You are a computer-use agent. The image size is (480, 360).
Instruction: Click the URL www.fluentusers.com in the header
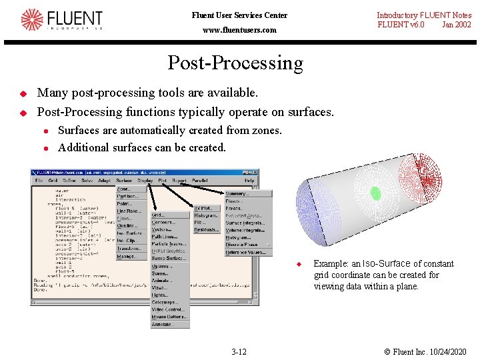click(x=239, y=30)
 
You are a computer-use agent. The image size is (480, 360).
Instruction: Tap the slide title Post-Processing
click(x=235, y=63)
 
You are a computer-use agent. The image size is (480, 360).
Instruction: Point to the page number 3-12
click(x=239, y=351)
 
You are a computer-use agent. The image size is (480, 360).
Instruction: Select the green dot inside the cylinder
click(x=375, y=193)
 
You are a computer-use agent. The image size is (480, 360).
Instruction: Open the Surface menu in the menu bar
click(x=124, y=181)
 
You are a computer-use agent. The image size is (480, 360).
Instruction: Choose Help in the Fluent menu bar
click(x=249, y=181)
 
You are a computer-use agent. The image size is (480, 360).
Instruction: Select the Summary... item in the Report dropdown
click(x=237, y=194)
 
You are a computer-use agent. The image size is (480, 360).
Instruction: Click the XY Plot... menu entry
click(x=205, y=208)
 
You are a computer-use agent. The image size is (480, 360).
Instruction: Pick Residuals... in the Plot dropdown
click(x=206, y=230)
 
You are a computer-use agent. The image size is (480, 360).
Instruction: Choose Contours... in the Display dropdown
click(x=163, y=223)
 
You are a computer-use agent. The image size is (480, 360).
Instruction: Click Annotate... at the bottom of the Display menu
click(x=161, y=325)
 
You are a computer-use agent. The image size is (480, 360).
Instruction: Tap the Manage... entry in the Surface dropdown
click(x=127, y=256)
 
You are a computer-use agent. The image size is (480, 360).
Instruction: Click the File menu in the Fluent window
click(x=39, y=181)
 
